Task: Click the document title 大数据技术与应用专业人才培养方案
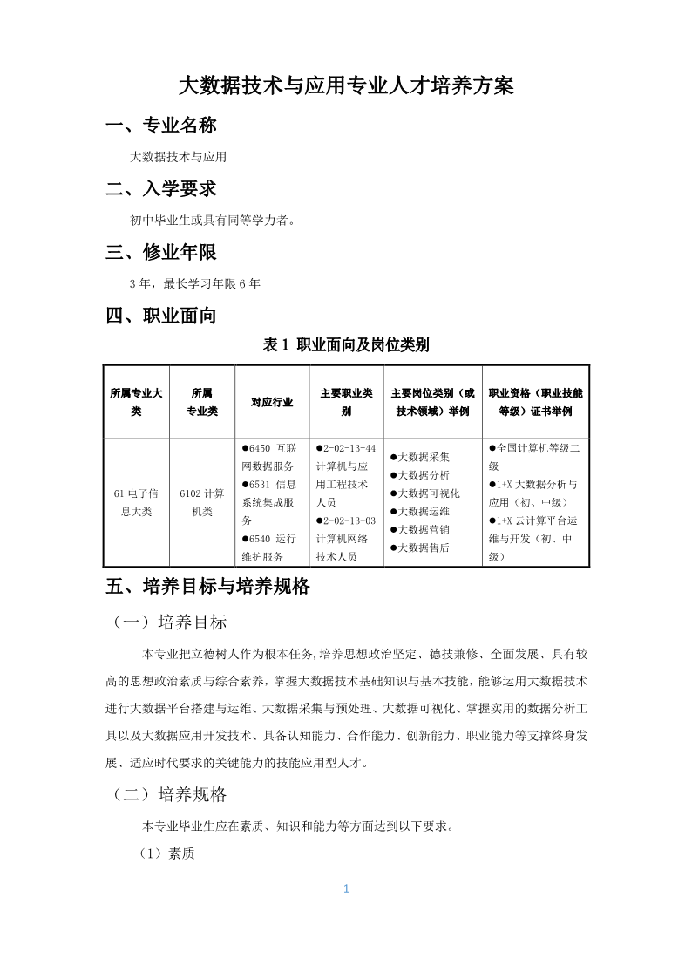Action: tap(346, 85)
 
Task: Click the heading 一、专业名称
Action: tap(160, 126)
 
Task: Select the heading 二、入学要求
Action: tap(160, 188)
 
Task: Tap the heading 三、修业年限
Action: tap(160, 252)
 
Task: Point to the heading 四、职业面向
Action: tap(160, 316)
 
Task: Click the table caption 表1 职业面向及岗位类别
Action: tap(346, 345)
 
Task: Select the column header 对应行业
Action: tap(272, 402)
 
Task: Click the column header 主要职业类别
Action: tap(346, 402)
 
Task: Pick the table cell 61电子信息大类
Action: tap(136, 502)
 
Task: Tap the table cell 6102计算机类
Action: tap(202, 502)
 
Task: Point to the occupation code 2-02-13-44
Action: tap(349, 447)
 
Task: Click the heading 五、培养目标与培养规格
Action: tap(207, 587)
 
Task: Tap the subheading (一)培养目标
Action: tap(170, 622)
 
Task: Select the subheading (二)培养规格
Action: tap(170, 794)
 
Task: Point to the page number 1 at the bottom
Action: tap(346, 889)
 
